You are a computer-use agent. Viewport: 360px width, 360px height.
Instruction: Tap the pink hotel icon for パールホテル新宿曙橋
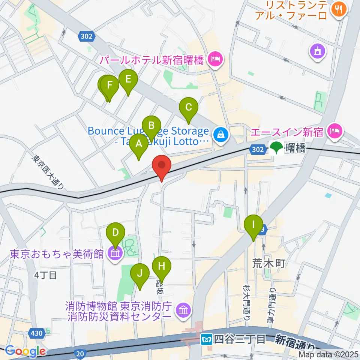pos(215,59)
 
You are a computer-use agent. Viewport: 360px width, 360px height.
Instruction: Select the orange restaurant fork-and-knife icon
pos(339,9)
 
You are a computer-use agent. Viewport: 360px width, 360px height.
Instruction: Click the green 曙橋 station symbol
pos(277,148)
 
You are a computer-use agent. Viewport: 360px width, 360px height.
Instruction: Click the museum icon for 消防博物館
pos(183,310)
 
